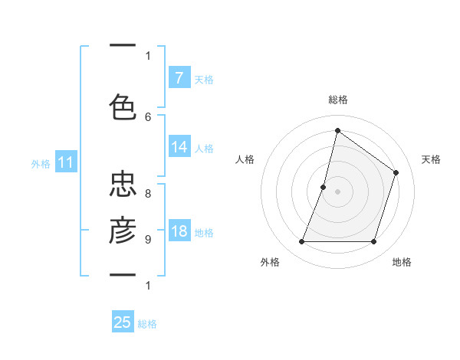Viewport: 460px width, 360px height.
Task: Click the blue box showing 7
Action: click(179, 78)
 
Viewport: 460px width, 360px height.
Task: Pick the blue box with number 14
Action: click(179, 147)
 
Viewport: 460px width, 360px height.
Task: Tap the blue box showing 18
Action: click(179, 231)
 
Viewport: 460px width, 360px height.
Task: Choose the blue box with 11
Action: click(65, 162)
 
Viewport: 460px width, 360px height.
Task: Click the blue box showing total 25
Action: click(123, 322)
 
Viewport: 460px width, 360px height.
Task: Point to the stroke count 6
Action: click(148, 116)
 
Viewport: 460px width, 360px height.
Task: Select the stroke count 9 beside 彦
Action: click(148, 240)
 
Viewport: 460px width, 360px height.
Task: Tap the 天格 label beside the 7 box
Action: click(204, 79)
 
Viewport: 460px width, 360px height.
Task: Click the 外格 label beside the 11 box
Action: click(41, 163)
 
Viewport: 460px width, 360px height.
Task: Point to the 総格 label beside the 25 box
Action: click(147, 323)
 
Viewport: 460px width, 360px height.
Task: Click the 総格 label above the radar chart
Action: click(337, 100)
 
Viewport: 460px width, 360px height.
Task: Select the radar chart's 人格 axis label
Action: click(245, 159)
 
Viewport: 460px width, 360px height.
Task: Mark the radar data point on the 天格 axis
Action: click(396, 172)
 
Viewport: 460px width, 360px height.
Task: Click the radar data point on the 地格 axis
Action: click(373, 242)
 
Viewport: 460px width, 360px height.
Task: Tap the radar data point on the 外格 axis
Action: click(301, 242)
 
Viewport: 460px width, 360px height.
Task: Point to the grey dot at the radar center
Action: click(337, 191)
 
